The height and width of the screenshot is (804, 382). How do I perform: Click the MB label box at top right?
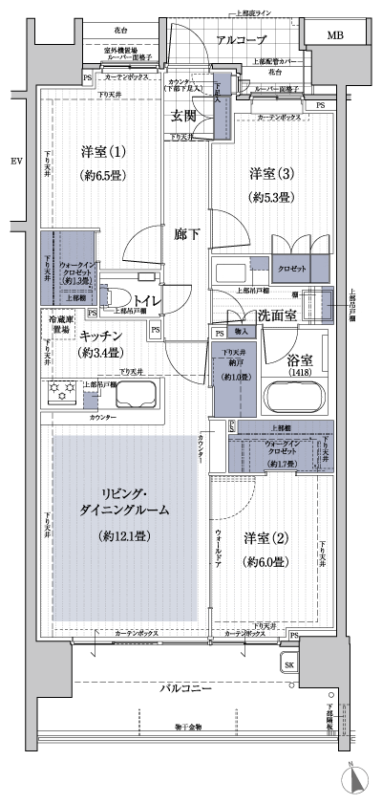[334, 36]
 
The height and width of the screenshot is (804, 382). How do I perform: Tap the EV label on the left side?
[15, 160]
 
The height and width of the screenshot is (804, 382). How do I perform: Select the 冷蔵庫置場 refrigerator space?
[55, 327]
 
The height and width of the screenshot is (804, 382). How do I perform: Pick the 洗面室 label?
[276, 315]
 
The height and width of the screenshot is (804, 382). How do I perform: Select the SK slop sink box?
[288, 664]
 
